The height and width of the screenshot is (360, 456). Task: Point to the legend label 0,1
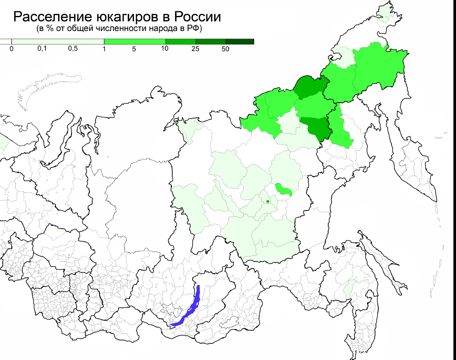(x=42, y=49)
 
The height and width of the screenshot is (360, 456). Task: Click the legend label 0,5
(x=73, y=49)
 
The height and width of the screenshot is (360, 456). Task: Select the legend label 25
(x=195, y=49)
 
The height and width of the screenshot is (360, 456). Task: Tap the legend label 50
(x=225, y=49)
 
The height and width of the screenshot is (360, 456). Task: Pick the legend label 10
(x=165, y=49)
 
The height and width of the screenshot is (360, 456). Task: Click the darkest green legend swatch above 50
(x=240, y=41)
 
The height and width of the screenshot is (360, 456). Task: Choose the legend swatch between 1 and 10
(x=135, y=41)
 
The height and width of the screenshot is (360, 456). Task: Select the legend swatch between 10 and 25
(x=181, y=41)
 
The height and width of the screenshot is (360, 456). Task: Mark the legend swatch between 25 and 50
(x=211, y=41)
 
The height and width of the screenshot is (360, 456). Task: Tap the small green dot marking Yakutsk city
(x=268, y=202)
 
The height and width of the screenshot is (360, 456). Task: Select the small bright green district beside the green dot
(x=284, y=189)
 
